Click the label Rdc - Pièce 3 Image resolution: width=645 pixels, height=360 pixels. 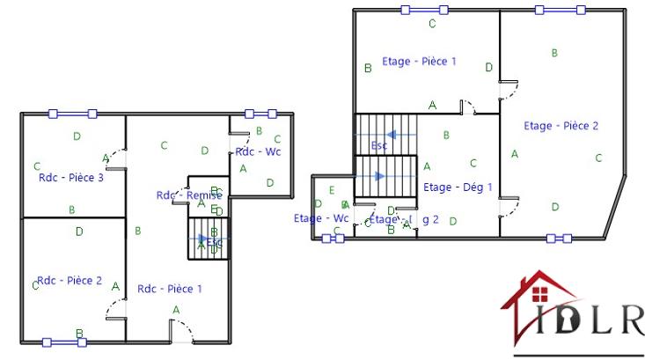(x=72, y=178)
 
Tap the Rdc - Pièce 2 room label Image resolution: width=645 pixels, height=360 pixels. (x=70, y=282)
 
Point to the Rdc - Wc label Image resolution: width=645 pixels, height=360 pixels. (x=257, y=152)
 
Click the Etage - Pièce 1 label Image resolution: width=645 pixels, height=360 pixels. (x=419, y=62)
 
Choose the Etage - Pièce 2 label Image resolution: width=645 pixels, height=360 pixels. (x=561, y=126)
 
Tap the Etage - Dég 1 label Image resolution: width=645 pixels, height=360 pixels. (x=458, y=187)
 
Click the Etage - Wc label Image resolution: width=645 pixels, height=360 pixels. (x=321, y=218)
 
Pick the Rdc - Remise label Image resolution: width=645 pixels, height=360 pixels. (x=188, y=195)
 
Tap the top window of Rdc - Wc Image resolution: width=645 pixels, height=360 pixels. (x=260, y=114)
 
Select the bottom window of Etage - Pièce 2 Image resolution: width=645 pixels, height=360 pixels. (x=558, y=238)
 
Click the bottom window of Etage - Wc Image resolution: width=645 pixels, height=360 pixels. (x=333, y=238)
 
